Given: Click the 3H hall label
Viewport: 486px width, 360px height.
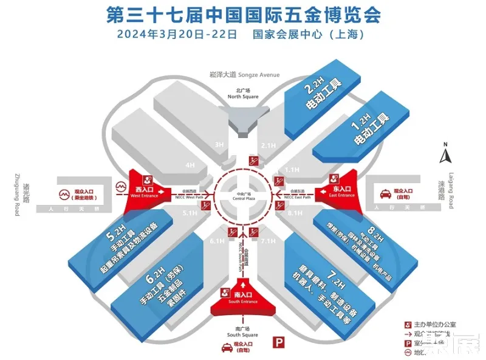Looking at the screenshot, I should (x=219, y=145).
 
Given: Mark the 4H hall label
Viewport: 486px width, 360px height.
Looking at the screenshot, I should (x=190, y=165).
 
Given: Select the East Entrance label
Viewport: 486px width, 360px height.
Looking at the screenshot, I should (x=341, y=193).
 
